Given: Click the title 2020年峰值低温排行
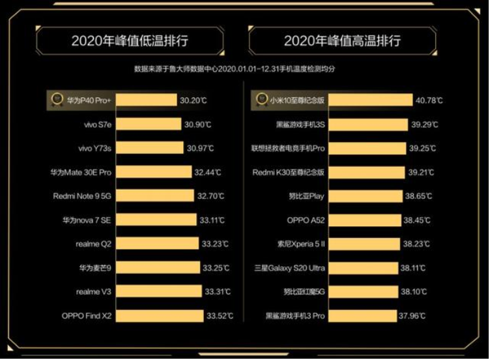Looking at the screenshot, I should point(130,40).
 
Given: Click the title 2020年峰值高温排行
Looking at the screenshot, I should point(342,40).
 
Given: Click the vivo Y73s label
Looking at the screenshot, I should point(94,149).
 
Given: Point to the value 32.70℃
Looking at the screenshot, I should point(212,196).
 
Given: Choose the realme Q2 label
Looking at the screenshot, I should point(93,244).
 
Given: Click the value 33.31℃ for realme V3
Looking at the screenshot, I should point(215,292).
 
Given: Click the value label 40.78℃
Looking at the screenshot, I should point(429,100).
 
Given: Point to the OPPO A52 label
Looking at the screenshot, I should point(306,220).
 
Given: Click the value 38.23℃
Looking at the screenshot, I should point(416,245).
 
